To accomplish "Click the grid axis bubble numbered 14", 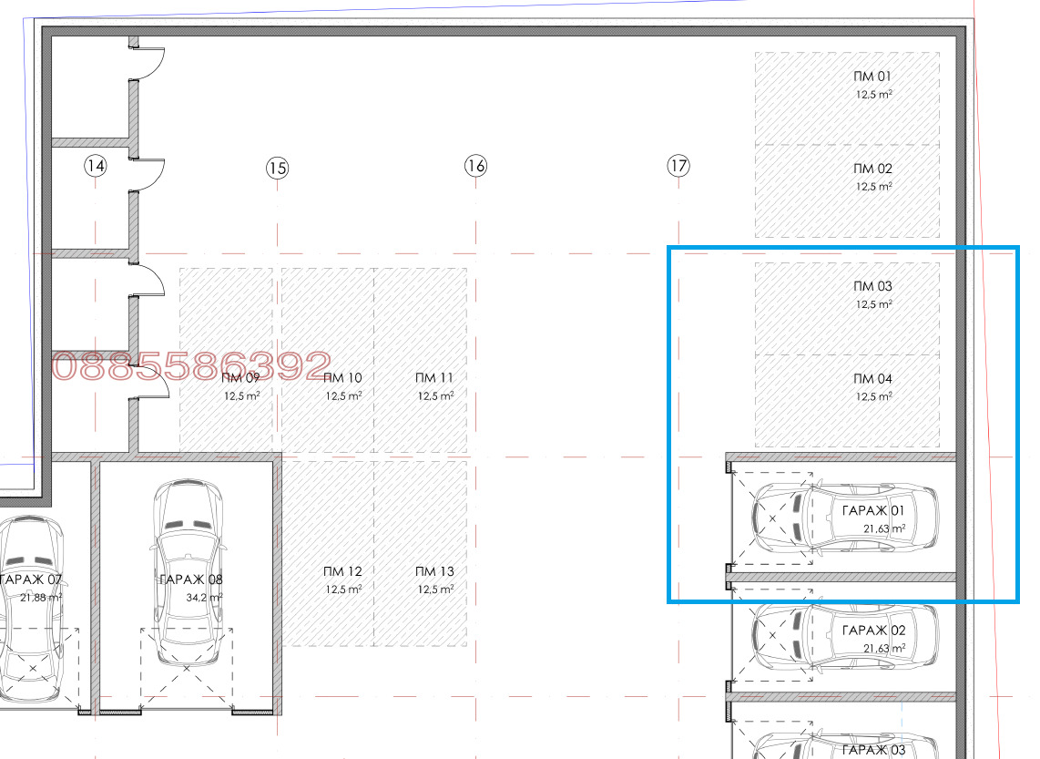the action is (x=96, y=165).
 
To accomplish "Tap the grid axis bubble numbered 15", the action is (x=277, y=168).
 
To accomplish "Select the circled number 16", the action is (x=475, y=165).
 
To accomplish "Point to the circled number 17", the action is (x=678, y=165).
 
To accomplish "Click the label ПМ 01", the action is (x=872, y=77).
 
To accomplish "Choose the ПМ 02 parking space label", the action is (x=872, y=169).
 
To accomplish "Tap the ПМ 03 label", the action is (x=872, y=286).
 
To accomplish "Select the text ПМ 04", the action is (x=872, y=378).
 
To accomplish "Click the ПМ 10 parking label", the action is (x=343, y=377).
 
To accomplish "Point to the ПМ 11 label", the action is (x=434, y=377).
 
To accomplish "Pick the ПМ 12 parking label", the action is (x=343, y=571).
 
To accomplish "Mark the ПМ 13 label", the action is (x=434, y=571).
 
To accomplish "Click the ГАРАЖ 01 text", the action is (x=872, y=510).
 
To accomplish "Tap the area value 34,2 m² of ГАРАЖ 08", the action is (x=204, y=597).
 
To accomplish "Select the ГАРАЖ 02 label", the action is (x=873, y=630).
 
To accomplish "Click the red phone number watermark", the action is (x=191, y=365).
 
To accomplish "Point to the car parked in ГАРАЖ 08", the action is (x=189, y=572).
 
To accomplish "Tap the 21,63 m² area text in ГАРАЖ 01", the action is (x=884, y=528).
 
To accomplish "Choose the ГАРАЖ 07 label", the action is (x=31, y=580).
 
